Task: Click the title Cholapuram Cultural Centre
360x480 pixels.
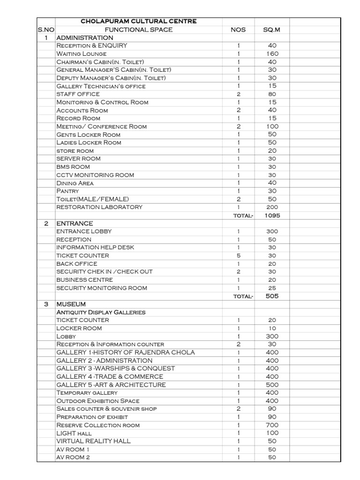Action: click(139, 21)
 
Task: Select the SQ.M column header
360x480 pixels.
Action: click(272, 30)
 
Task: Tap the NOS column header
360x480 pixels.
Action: click(238, 30)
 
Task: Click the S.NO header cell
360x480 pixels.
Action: click(46, 30)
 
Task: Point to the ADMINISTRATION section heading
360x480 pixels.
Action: click(84, 37)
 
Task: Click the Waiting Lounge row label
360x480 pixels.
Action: click(81, 54)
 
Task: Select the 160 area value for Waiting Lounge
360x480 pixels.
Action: click(272, 54)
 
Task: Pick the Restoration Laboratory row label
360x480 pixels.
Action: click(99, 207)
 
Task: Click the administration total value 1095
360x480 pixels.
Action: click(272, 216)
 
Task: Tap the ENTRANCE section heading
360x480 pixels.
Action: click(75, 223)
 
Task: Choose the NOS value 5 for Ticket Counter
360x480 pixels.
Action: click(238, 255)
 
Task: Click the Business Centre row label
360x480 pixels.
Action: click(84, 280)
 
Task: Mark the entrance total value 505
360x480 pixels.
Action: click(272, 296)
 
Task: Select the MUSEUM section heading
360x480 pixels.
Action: click(71, 304)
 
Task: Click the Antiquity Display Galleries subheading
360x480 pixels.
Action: click(101, 312)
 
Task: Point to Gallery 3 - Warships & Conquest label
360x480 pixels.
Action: click(116, 368)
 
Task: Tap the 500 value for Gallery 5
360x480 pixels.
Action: click(272, 385)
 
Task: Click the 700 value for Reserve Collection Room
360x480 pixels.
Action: click(272, 425)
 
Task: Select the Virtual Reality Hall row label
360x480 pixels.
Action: click(94, 441)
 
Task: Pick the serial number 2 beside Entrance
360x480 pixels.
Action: click(46, 223)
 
